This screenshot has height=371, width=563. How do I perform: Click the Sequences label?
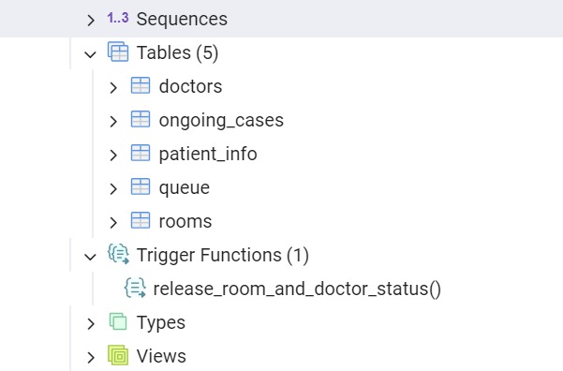tap(182, 19)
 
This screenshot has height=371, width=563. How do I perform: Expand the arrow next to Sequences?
tap(91, 19)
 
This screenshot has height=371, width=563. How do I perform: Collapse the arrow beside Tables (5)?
tap(91, 53)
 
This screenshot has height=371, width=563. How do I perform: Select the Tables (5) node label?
tap(177, 52)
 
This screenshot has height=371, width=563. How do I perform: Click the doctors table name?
tap(190, 86)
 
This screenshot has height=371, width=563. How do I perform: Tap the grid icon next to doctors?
tap(141, 86)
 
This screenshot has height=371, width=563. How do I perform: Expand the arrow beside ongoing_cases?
tap(113, 121)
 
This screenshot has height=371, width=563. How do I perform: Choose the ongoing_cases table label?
tap(221, 120)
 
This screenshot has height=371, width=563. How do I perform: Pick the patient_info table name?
tap(208, 154)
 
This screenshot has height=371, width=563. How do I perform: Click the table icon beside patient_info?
tap(141, 154)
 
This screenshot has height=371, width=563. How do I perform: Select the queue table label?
tap(185, 187)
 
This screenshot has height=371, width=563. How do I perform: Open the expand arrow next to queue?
tap(113, 188)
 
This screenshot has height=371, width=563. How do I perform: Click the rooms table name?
tap(185, 221)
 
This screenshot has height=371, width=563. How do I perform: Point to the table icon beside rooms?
tap(141, 221)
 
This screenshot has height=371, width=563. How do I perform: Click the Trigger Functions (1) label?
tap(223, 255)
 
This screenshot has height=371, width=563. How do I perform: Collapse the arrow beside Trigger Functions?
tap(91, 256)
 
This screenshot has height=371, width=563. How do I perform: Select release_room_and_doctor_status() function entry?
tap(297, 289)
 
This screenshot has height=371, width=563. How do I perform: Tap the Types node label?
tap(161, 322)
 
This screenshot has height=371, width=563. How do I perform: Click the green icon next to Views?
tap(118, 356)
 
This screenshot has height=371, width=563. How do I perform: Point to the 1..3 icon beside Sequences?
tap(117, 19)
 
